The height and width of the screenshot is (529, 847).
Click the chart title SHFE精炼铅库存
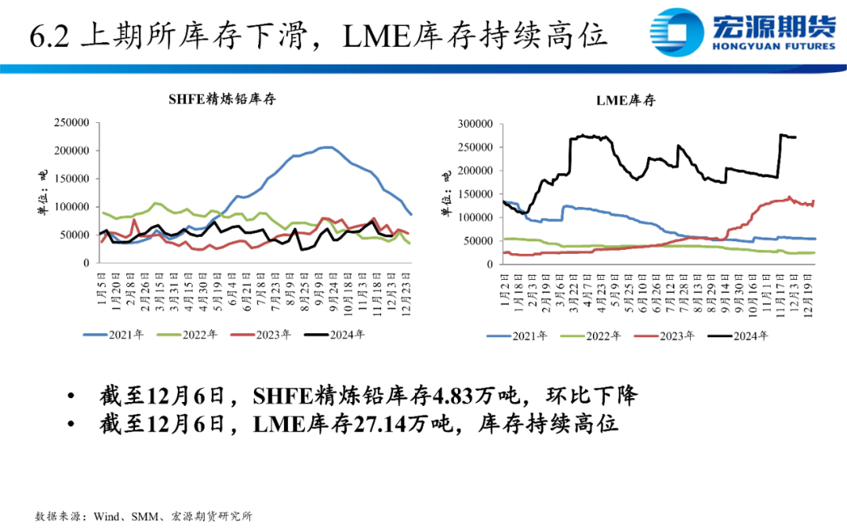pos(222,99)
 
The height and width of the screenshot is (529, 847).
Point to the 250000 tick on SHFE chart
pos(71,123)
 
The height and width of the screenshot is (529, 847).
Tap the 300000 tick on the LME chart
pos(473,124)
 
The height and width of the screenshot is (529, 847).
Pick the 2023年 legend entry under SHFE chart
pos(262,335)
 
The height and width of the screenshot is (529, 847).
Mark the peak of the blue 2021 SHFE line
pos(326,147)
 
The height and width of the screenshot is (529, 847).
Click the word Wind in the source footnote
pos(106,517)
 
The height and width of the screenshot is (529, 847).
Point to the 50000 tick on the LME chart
pos(476,241)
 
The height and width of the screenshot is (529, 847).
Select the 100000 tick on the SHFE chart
pos(71,207)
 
